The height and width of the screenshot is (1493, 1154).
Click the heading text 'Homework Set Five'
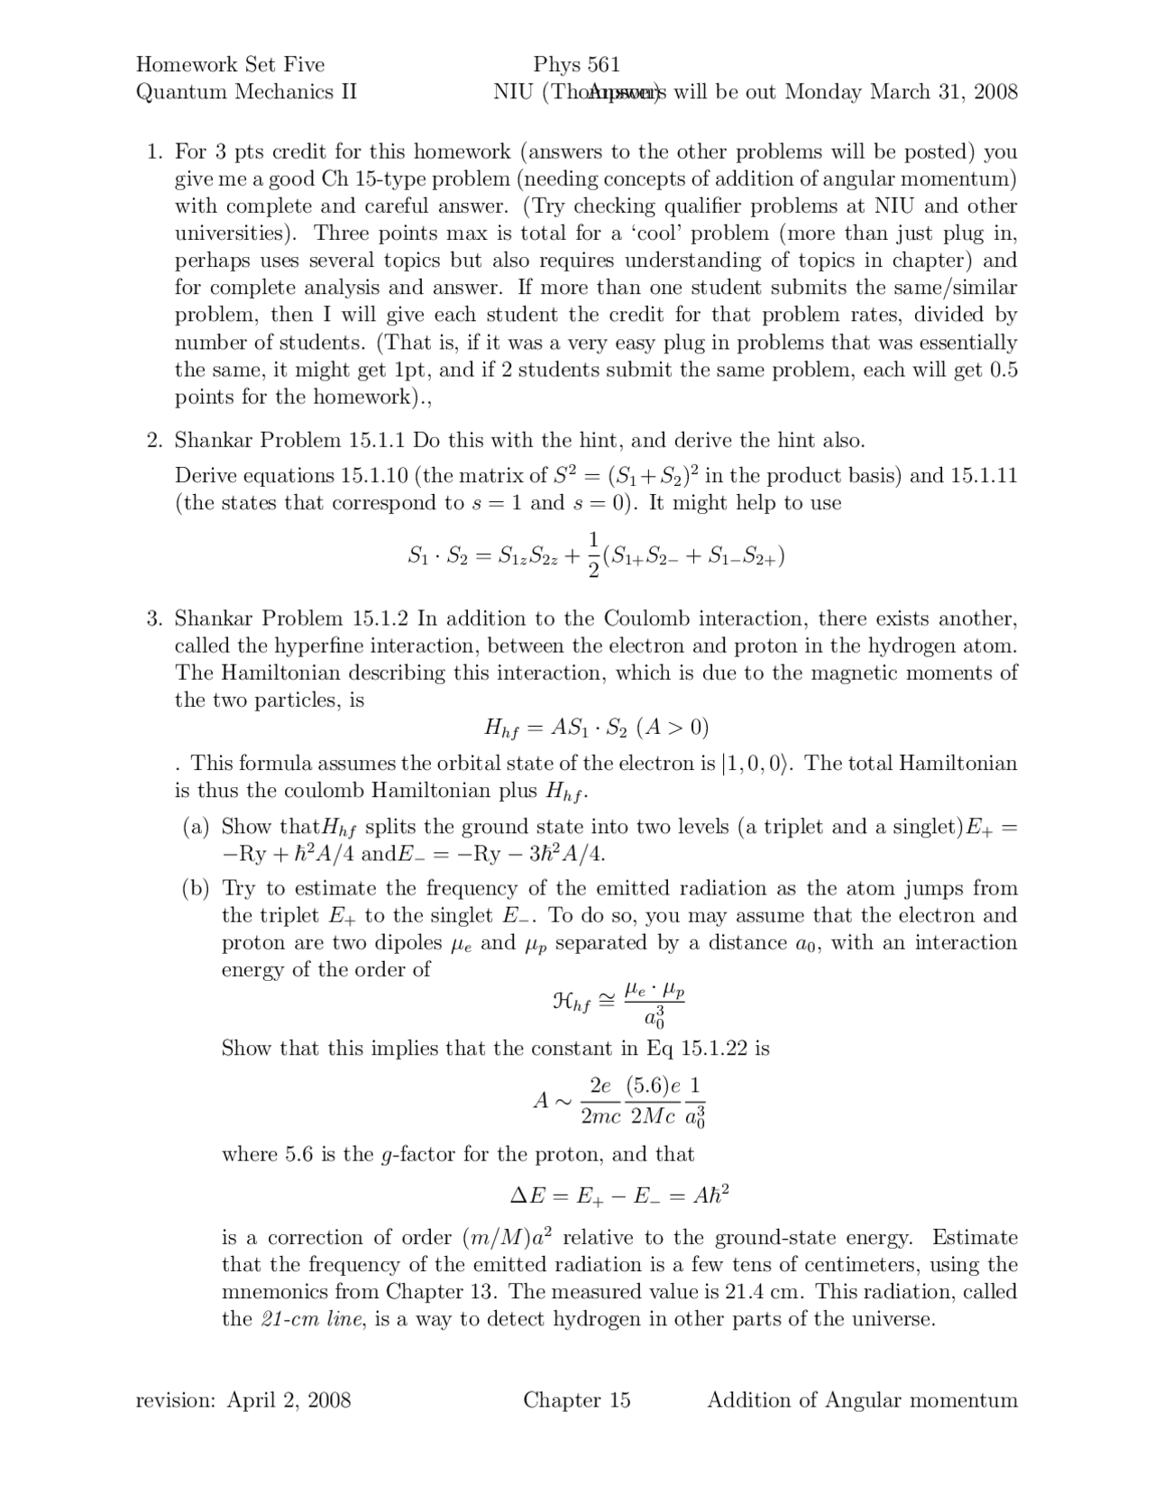pos(230,64)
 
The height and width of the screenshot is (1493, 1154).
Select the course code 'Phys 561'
pos(576,64)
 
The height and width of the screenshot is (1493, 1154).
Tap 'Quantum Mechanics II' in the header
pos(246,91)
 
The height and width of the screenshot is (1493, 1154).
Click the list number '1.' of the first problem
pos(154,151)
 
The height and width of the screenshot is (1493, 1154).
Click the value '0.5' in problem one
pos(1003,370)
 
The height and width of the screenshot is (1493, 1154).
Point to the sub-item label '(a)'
pos(196,826)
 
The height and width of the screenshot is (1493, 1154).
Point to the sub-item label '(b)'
pos(196,888)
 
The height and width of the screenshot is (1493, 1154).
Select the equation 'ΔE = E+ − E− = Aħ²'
pos(619,1196)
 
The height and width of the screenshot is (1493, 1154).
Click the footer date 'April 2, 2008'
pos(288,1399)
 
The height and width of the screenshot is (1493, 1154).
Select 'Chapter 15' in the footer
pos(577,1399)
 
